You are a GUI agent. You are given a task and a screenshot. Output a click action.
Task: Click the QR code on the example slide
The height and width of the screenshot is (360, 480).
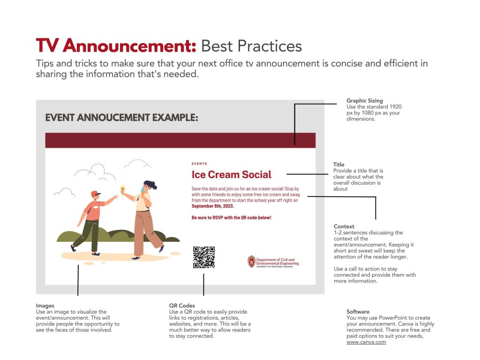coord(204,257)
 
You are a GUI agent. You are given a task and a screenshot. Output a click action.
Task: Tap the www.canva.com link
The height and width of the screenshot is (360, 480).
coord(366,342)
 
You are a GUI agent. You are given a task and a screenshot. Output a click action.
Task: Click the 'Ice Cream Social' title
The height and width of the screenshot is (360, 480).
coord(232,174)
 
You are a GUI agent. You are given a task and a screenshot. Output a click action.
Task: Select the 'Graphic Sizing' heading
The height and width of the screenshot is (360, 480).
coord(365,101)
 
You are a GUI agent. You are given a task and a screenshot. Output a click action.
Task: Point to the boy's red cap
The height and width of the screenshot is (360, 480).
coord(96,194)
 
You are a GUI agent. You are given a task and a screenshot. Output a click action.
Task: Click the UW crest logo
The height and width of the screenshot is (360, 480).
coord(251,262)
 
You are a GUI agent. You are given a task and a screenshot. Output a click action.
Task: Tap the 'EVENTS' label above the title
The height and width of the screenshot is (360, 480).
coord(199,164)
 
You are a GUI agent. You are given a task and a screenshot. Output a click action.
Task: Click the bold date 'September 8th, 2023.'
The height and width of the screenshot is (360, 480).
coord(213,206)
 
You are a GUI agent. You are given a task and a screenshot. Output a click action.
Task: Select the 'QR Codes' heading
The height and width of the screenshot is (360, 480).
coord(182,306)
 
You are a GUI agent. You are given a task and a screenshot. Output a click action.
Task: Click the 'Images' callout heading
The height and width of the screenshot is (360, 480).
coord(45,306)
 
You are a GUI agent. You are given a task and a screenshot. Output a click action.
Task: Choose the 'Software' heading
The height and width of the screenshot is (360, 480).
coord(358,312)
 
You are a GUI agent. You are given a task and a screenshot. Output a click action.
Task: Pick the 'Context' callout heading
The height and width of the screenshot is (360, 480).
coord(344,226)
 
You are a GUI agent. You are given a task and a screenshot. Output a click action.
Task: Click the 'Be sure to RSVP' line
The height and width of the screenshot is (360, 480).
coord(232,217)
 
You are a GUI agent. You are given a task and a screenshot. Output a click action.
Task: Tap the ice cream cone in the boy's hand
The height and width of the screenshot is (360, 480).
coord(123,190)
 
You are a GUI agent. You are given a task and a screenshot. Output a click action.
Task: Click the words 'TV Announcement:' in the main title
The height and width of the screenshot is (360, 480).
coord(116,45)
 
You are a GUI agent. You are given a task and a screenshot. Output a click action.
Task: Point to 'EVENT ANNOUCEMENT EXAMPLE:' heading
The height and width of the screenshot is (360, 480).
coord(121,118)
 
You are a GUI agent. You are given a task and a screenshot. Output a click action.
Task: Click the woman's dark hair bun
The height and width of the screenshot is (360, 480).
coord(153,185)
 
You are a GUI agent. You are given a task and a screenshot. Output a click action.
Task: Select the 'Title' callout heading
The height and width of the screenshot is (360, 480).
coord(338,165)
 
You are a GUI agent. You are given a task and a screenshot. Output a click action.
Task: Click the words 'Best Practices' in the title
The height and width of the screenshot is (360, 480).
coord(251,46)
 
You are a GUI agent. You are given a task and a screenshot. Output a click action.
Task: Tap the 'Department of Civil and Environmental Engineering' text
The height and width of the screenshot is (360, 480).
coord(277,262)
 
